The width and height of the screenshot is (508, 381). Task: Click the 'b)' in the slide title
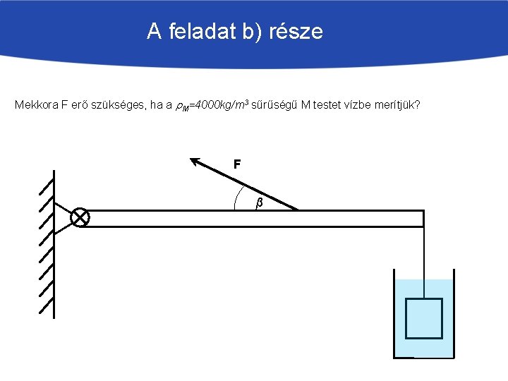(x=249, y=32)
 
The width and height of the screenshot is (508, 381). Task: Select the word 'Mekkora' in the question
(x=36, y=105)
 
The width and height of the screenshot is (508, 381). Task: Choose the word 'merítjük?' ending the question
(x=397, y=105)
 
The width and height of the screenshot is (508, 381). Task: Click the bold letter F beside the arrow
(x=238, y=164)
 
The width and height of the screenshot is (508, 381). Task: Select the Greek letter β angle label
(x=259, y=203)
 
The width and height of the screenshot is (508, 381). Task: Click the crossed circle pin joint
(x=80, y=217)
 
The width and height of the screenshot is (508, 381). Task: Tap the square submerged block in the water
(x=423, y=318)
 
